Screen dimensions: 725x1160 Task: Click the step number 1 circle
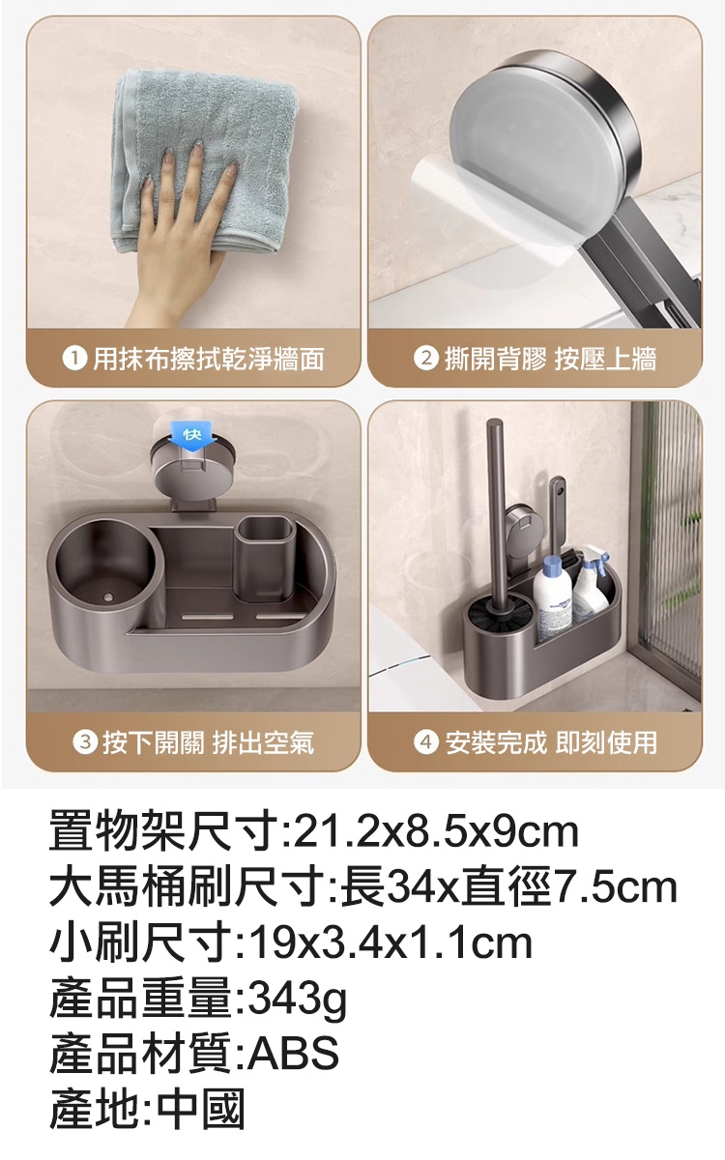click(73, 359)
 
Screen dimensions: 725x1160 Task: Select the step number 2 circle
click(425, 359)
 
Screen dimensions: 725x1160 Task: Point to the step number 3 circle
click(85, 743)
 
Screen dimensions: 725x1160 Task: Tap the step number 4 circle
click(425, 743)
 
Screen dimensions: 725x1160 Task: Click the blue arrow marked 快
click(192, 438)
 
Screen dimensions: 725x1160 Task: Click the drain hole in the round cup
click(108, 598)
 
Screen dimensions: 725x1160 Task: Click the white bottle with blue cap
click(552, 597)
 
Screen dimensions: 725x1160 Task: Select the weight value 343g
click(297, 1003)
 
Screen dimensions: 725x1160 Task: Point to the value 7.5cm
click(614, 888)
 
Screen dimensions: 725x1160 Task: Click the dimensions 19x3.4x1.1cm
click(391, 944)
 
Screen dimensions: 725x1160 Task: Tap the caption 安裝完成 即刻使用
click(551, 743)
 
